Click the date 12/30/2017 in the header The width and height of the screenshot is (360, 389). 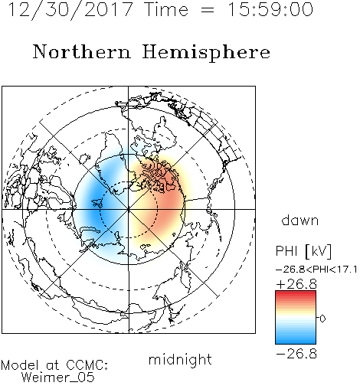[70, 10]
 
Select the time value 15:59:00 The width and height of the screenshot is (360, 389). [270, 9]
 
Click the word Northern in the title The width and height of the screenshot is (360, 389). [82, 51]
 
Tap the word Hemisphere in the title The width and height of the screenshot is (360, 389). [206, 52]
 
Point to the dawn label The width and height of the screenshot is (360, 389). [300, 220]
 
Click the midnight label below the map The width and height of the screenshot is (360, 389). [180, 359]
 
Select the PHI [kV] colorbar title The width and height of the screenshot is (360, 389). [303, 251]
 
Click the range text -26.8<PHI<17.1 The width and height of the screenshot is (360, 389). [316, 270]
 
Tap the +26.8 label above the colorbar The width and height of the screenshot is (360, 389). [296, 284]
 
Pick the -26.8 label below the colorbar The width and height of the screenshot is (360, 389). [296, 354]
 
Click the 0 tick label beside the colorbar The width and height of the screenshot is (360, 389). [322, 319]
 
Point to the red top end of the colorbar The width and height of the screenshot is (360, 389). [296, 293]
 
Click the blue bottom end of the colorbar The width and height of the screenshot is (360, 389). [296, 342]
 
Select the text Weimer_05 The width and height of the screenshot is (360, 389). [58, 378]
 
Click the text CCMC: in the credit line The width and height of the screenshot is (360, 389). [87, 365]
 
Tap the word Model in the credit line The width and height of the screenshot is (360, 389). [20, 365]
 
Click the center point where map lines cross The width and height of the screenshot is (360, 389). [129, 209]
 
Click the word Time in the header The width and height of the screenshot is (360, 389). [166, 10]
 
